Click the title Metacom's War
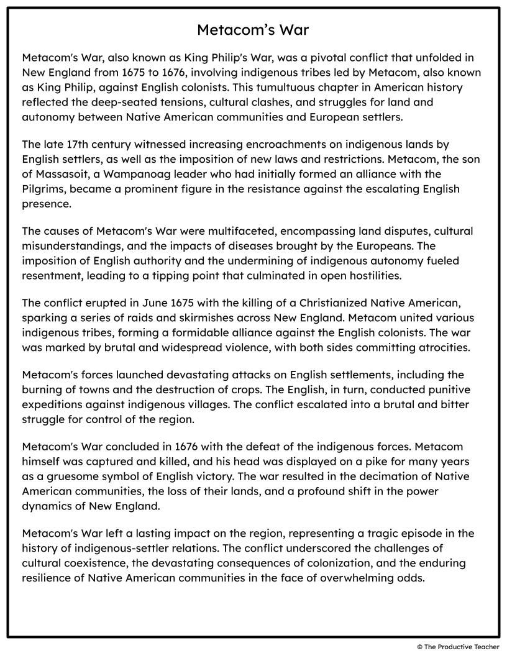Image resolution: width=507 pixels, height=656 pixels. (x=253, y=30)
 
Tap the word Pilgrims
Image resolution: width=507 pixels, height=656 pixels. (x=43, y=188)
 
